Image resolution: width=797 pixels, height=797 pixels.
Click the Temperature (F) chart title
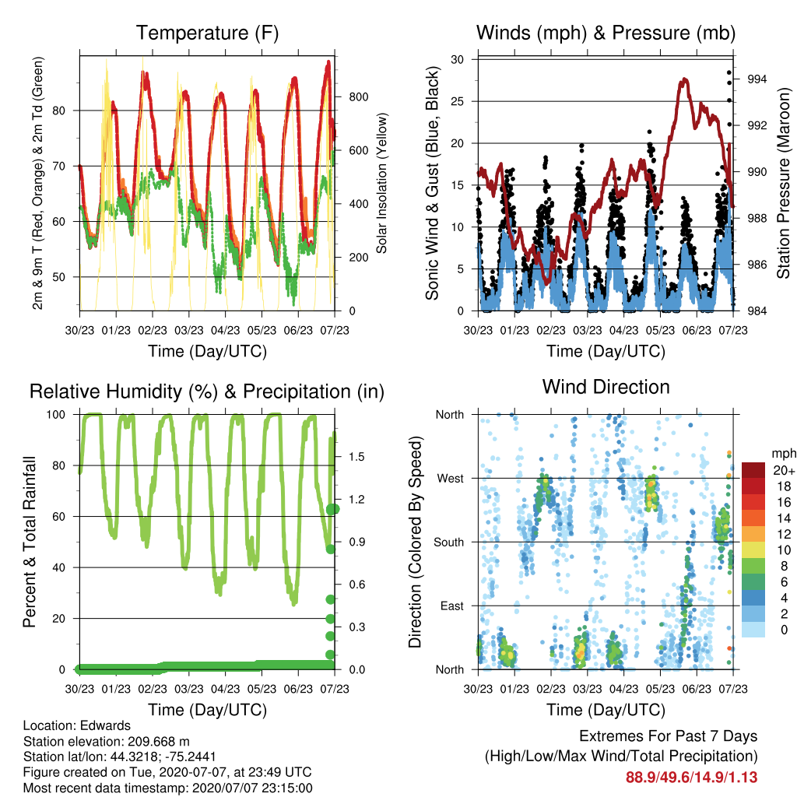207,33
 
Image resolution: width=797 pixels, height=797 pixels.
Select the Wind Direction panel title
606,387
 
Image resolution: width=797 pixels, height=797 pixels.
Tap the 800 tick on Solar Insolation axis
358,97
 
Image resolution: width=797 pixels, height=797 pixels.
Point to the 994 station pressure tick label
757,79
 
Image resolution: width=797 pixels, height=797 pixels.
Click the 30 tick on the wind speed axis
457,59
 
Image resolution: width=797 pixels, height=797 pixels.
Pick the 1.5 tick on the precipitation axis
356,456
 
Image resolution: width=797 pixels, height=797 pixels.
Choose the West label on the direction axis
451,479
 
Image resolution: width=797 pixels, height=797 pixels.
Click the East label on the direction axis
452,606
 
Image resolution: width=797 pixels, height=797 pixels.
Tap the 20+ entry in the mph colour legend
784,470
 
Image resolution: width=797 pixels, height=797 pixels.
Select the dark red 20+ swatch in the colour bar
753,470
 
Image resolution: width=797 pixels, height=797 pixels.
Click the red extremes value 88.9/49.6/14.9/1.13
691,778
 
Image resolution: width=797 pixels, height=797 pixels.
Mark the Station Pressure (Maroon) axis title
783,183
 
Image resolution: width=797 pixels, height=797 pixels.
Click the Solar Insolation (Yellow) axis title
381,183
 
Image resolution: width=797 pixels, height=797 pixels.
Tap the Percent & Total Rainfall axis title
30,542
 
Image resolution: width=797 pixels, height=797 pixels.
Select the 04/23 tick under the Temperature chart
225,330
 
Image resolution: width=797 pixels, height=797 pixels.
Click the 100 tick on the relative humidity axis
56,415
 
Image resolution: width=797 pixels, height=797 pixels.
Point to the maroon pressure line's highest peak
685,79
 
